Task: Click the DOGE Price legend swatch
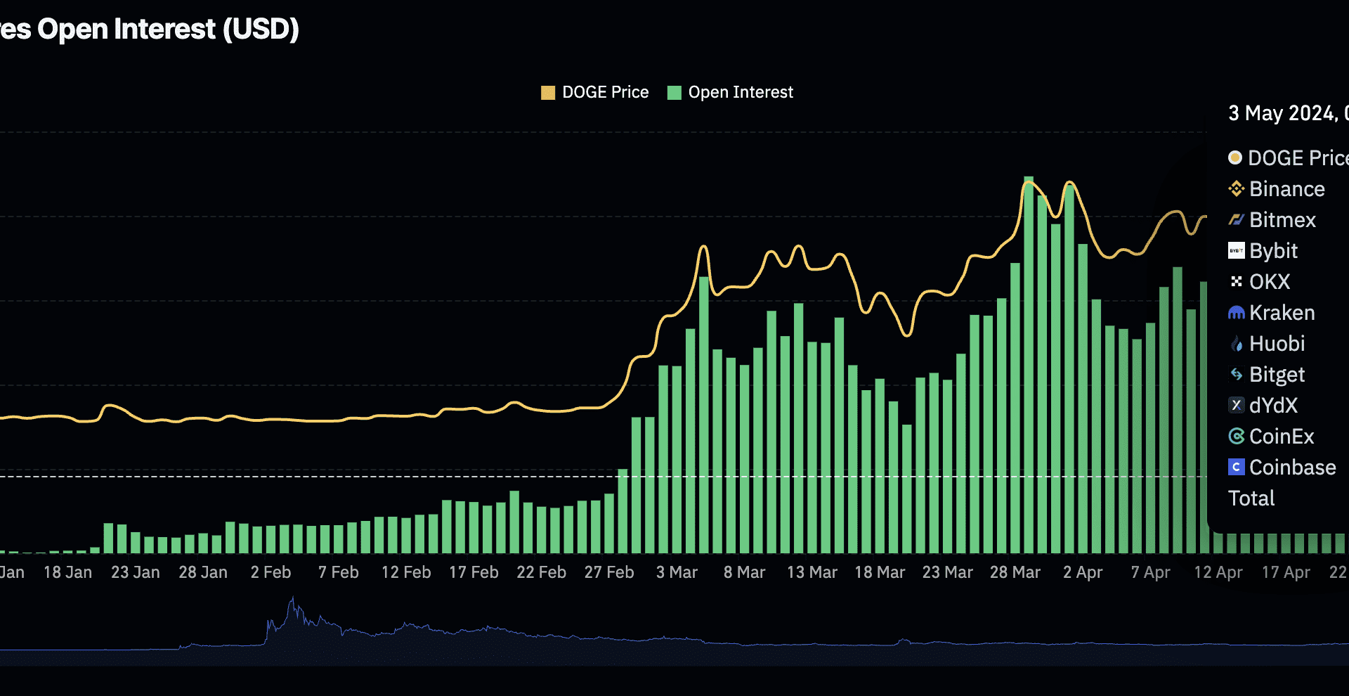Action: point(548,93)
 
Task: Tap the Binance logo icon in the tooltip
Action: point(1236,189)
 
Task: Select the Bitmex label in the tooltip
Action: point(1282,220)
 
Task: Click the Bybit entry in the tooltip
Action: point(1272,251)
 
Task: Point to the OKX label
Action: point(1269,282)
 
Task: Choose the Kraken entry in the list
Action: point(1281,313)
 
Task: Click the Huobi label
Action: point(1276,344)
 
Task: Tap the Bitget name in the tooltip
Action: point(1276,375)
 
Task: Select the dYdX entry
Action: point(1272,406)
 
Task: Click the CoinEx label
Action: point(1281,437)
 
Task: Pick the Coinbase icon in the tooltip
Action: point(1236,467)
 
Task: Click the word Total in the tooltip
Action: point(1251,498)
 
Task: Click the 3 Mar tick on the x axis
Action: point(677,572)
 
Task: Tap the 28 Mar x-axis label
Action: point(1015,572)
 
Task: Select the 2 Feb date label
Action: point(271,572)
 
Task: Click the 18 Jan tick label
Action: point(67,572)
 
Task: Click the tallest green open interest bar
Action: point(1028,366)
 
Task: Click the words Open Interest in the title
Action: point(126,29)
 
